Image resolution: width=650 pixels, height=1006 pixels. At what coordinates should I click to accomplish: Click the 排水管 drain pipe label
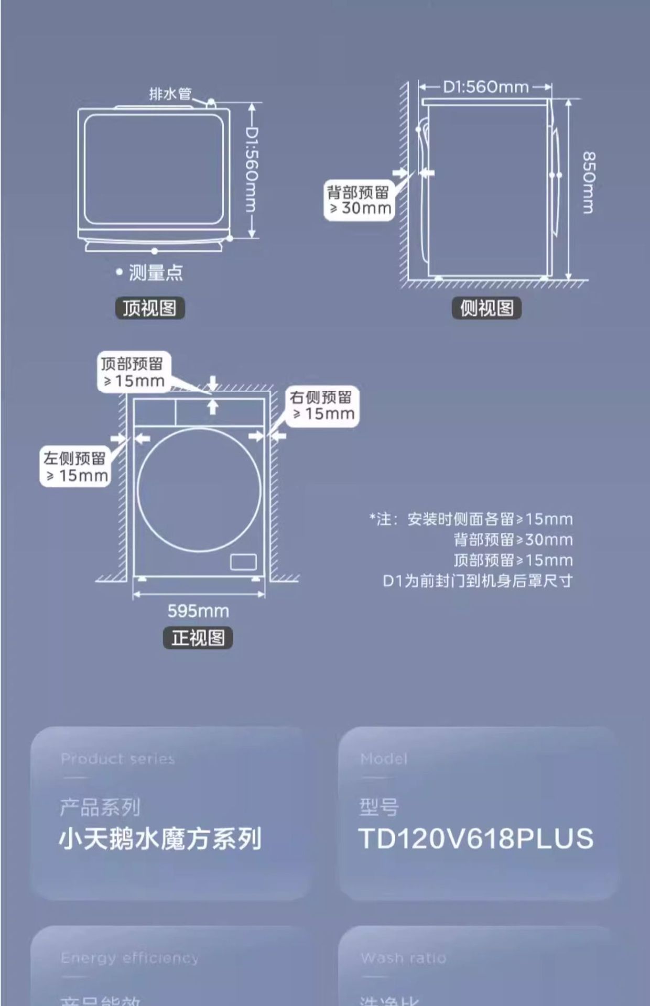tap(170, 94)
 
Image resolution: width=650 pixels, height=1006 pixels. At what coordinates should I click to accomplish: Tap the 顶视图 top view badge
tap(150, 308)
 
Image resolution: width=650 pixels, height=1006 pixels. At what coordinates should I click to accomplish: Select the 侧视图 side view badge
tap(486, 308)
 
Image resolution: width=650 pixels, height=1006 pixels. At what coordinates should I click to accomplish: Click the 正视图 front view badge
tap(198, 638)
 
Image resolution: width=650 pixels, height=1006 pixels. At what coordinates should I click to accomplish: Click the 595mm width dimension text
tap(198, 611)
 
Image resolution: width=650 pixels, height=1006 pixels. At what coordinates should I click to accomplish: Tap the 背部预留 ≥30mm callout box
tap(359, 200)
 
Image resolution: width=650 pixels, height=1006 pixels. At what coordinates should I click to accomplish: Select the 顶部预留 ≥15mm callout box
tap(134, 372)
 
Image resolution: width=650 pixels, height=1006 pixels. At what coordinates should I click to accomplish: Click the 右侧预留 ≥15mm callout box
tap(322, 406)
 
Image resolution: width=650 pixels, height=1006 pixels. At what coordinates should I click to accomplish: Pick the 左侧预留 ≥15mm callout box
tap(76, 467)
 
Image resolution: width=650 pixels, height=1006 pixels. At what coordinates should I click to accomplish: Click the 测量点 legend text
tap(156, 273)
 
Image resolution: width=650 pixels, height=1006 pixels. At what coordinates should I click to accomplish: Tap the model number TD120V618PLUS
tap(475, 838)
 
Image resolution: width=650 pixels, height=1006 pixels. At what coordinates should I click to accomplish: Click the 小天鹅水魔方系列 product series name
tap(160, 838)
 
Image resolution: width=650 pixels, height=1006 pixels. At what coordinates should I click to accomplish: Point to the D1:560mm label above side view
tap(486, 87)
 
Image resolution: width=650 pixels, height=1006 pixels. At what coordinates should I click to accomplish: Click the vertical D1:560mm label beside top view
tap(252, 170)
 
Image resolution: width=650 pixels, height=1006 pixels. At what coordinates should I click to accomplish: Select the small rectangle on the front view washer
tap(243, 562)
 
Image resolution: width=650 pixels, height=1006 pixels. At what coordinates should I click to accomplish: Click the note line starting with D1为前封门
tap(478, 581)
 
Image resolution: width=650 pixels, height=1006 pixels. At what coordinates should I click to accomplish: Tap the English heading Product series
tap(117, 759)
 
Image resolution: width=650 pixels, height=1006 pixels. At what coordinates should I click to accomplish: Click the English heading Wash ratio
tap(403, 958)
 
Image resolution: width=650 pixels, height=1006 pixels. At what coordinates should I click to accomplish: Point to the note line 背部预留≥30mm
tap(513, 540)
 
